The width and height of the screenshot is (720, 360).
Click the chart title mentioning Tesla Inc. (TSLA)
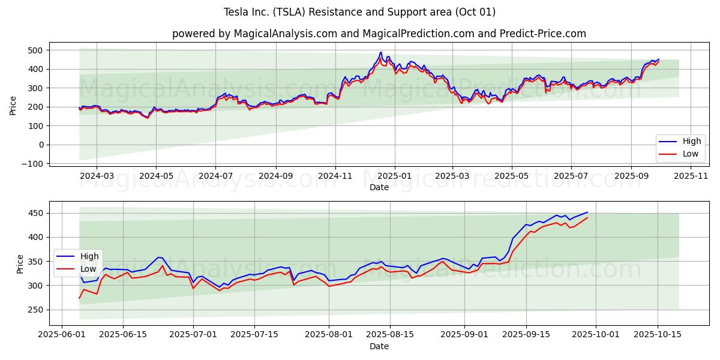(x=359, y=12)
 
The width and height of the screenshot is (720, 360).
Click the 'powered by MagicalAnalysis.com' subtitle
(x=379, y=34)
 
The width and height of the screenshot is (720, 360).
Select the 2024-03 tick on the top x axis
(x=97, y=176)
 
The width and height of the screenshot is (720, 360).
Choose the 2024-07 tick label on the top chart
(x=215, y=176)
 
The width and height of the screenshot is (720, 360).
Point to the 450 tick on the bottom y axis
(x=35, y=214)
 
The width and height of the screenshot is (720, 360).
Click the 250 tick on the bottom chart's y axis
(x=35, y=310)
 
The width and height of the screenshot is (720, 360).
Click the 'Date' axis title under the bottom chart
(x=379, y=346)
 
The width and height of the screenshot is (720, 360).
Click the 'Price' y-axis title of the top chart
(x=13, y=104)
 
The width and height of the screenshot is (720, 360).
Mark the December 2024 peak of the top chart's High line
(x=380, y=52)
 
